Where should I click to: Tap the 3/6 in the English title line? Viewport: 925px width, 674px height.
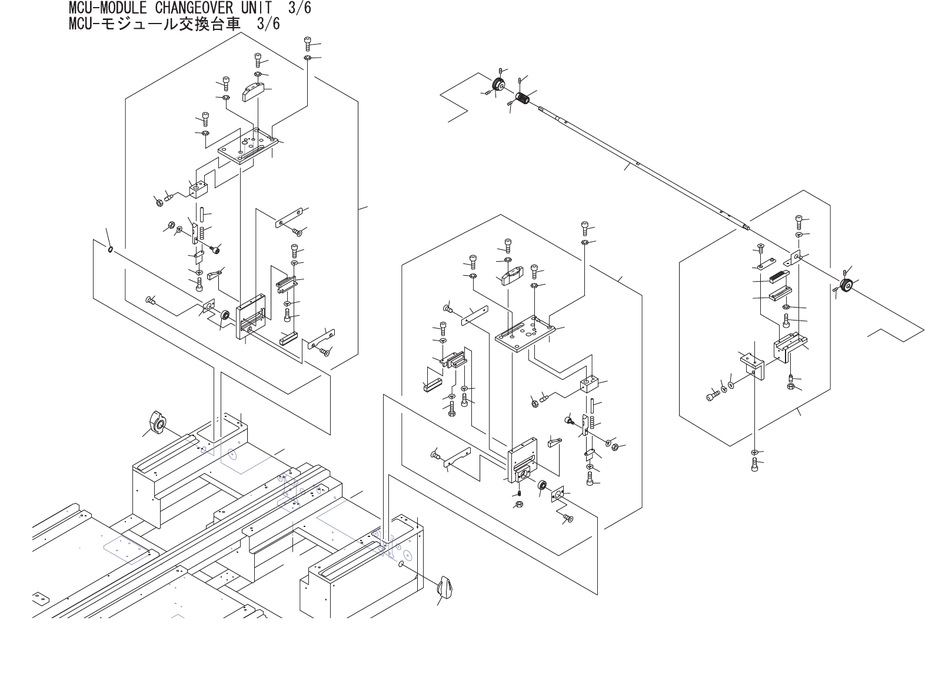(x=300, y=8)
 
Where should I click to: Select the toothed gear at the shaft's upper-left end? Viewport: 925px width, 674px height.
(x=499, y=86)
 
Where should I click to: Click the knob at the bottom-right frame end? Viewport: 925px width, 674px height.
(x=447, y=586)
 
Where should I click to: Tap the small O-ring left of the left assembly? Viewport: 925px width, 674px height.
(x=110, y=249)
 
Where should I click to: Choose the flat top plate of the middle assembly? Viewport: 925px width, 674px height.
(x=525, y=333)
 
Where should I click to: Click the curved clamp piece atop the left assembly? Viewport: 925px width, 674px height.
(x=257, y=92)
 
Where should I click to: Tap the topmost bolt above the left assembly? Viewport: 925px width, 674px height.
(x=308, y=43)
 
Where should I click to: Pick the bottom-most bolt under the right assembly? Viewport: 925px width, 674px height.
(x=756, y=466)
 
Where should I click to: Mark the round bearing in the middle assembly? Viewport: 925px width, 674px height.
(x=543, y=485)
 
